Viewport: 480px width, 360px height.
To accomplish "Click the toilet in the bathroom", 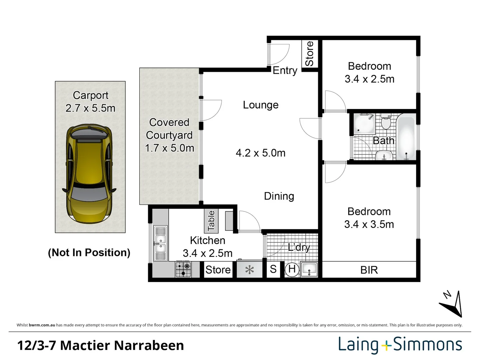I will coord(386,122).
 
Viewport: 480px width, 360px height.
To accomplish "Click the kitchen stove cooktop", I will coord(183,269).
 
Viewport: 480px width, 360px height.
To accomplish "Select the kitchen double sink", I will coord(160,244).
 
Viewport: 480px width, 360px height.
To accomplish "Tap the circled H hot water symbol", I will coord(292,269).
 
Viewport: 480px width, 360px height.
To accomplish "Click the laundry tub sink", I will coord(309,269).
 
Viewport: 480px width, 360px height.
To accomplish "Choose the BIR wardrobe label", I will coord(369,270).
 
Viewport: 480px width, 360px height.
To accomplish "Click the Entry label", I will coord(285,70).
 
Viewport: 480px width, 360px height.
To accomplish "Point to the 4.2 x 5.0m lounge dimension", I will coord(260,153).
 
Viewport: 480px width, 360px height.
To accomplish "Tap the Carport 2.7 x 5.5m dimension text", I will coord(90,108).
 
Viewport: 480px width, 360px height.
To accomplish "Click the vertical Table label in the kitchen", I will coord(211,221).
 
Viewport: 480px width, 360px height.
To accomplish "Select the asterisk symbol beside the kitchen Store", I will coord(249,270).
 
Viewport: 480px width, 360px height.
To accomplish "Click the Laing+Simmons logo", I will coord(400,345).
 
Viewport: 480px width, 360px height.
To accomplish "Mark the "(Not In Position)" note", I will coord(89,252).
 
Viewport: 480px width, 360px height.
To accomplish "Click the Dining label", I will coord(279,196).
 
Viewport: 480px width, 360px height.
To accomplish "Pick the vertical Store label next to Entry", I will coord(309,54).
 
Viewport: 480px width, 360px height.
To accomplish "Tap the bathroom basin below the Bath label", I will coord(384,156).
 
